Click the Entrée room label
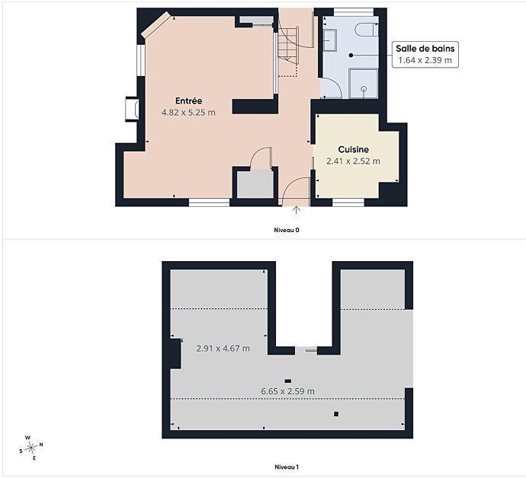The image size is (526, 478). click(x=188, y=100)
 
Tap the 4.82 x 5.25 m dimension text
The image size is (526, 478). click(x=188, y=113)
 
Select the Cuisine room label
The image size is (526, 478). click(x=353, y=149)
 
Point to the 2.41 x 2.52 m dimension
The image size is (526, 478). click(x=353, y=161)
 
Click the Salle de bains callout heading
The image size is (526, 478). click(x=425, y=49)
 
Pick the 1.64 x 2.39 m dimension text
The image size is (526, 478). click(x=425, y=60)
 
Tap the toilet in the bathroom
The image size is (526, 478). click(x=366, y=30)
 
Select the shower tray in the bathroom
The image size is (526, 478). click(x=364, y=84)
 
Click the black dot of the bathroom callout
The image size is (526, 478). click(x=351, y=56)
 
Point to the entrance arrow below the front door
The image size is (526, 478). click(x=297, y=210)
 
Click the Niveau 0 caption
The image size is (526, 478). click(x=287, y=230)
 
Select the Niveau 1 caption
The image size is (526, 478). click(x=287, y=467)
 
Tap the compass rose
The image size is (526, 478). click(x=30, y=448)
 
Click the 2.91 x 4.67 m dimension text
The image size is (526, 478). click(x=223, y=349)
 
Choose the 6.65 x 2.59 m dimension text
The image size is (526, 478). click(x=288, y=391)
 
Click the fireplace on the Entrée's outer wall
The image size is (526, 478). click(x=132, y=109)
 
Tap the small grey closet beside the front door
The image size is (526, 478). click(x=255, y=183)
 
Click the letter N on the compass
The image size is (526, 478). click(x=41, y=445)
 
